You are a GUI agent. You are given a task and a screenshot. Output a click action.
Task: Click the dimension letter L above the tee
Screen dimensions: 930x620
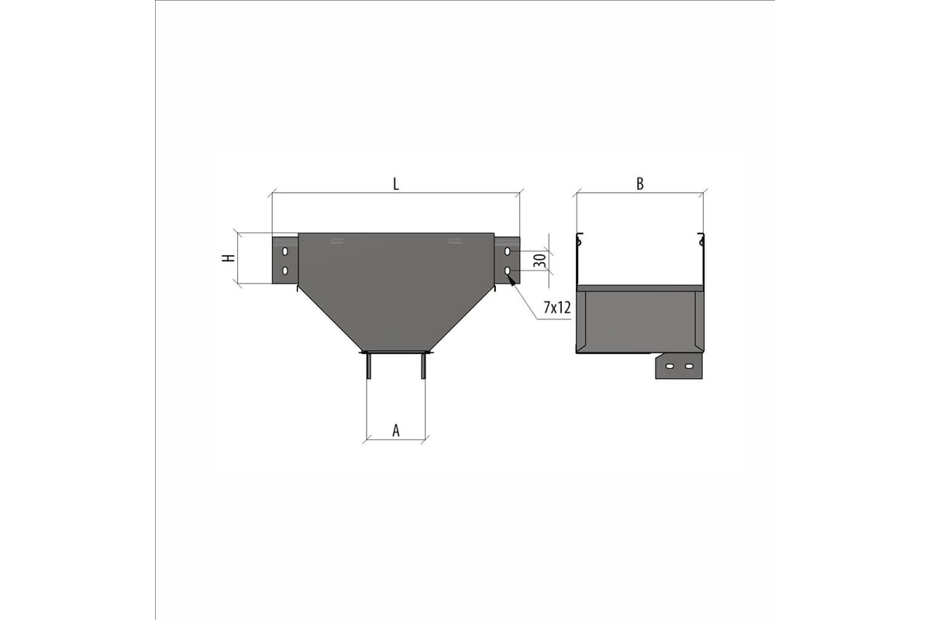tap(396, 184)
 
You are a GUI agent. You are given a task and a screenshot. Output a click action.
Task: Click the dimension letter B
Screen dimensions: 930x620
tap(640, 184)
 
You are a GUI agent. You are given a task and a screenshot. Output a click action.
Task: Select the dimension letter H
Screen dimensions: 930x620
tap(229, 258)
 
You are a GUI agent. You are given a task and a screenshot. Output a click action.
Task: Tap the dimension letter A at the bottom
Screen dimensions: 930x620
tap(396, 431)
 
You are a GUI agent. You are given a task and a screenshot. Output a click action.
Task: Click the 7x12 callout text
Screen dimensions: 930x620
tap(557, 308)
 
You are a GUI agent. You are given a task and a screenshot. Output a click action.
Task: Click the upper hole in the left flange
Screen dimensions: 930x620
tap(285, 251)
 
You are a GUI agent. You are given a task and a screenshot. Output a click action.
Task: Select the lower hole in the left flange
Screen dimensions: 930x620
tap(285, 270)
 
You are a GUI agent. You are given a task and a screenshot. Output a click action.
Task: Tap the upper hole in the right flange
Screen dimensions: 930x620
tap(507, 251)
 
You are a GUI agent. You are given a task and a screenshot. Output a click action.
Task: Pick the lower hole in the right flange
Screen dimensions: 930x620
tap(507, 270)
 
